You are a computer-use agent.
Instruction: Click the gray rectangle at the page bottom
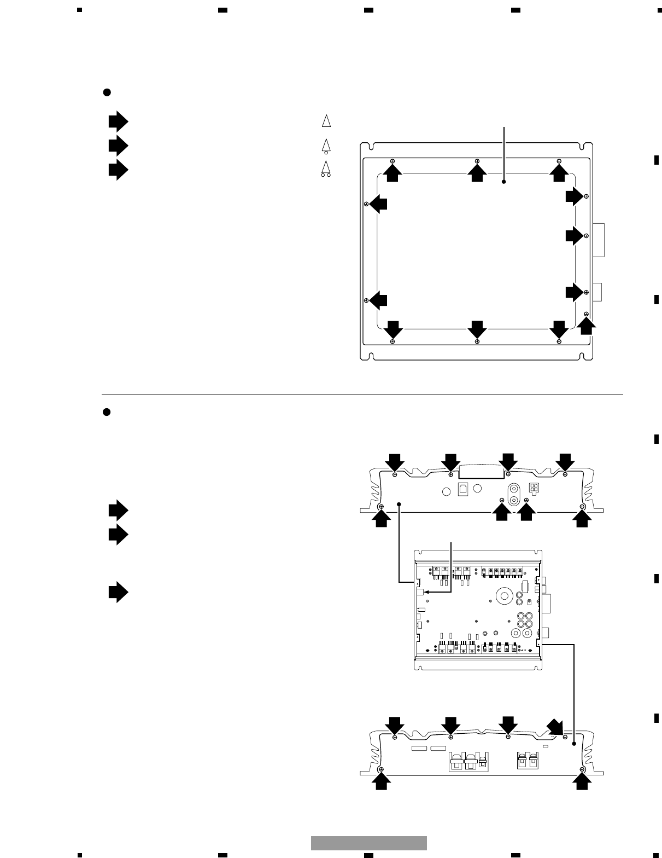pyautogui.click(x=369, y=843)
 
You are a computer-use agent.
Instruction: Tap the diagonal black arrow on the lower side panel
pyautogui.click(x=556, y=727)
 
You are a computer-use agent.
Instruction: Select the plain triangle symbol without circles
pyautogui.click(x=326, y=121)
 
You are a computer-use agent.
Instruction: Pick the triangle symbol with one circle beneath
pyautogui.click(x=326, y=146)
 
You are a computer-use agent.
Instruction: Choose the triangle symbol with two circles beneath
pyautogui.click(x=326, y=169)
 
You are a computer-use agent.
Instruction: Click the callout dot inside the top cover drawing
pyautogui.click(x=504, y=182)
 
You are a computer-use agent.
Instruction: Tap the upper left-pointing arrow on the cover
pyautogui.click(x=378, y=204)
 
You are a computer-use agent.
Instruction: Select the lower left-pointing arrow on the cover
pyautogui.click(x=378, y=300)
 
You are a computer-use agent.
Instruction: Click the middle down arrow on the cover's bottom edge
pyautogui.click(x=477, y=329)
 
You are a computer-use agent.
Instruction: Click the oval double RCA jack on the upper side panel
pyautogui.click(x=514, y=495)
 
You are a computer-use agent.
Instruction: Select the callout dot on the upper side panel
pyautogui.click(x=400, y=503)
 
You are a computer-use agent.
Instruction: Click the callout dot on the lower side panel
pyautogui.click(x=574, y=744)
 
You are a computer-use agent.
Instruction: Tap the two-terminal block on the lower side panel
pyautogui.click(x=526, y=762)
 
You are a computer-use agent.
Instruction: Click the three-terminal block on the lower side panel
pyautogui.click(x=468, y=762)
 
